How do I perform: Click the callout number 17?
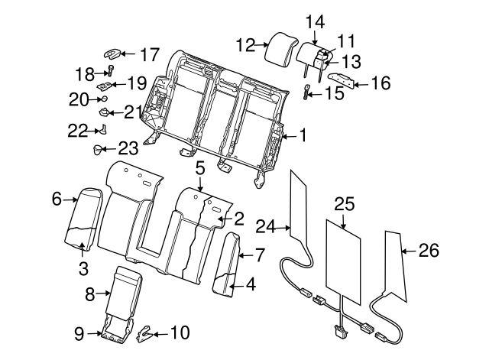149,54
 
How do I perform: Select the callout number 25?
345,203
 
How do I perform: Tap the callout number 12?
245,45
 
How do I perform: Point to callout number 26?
429,249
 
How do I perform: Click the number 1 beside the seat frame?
303,136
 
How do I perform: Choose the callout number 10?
180,332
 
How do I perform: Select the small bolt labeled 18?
110,73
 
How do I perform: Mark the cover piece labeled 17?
112,54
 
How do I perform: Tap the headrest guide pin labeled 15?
306,93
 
